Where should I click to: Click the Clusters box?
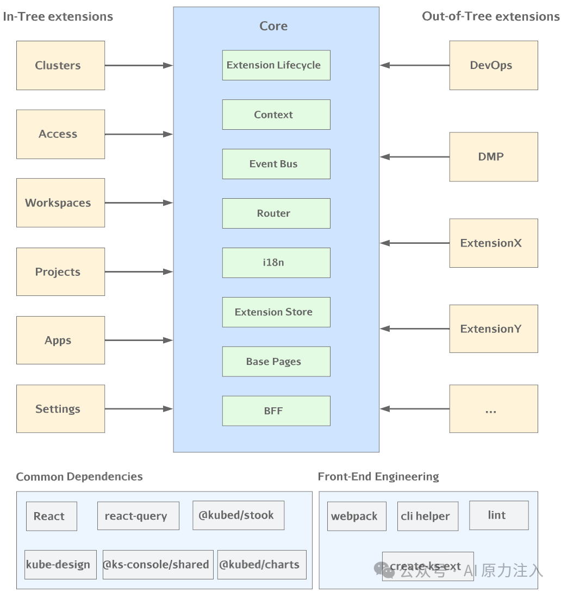(x=60, y=65)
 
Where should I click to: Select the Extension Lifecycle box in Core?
(x=276, y=65)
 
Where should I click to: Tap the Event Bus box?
(x=276, y=164)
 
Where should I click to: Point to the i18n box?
(x=276, y=263)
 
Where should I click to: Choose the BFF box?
(x=276, y=411)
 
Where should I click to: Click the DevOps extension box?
(x=494, y=65)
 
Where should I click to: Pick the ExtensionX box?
(x=494, y=243)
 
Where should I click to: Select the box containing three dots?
(x=494, y=409)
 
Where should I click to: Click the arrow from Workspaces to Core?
(x=139, y=203)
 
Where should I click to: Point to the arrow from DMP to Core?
(x=415, y=156)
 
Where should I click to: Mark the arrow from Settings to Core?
(x=139, y=409)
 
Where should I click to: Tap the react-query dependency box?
(x=138, y=516)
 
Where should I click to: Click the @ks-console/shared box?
(x=158, y=565)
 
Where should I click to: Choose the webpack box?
(x=357, y=516)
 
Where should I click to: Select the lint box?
(x=499, y=515)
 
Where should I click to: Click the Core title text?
(x=273, y=26)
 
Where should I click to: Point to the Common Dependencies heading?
(x=79, y=477)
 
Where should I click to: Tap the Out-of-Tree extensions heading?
(x=491, y=16)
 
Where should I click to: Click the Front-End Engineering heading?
(x=378, y=477)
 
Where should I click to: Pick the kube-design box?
(x=60, y=565)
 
